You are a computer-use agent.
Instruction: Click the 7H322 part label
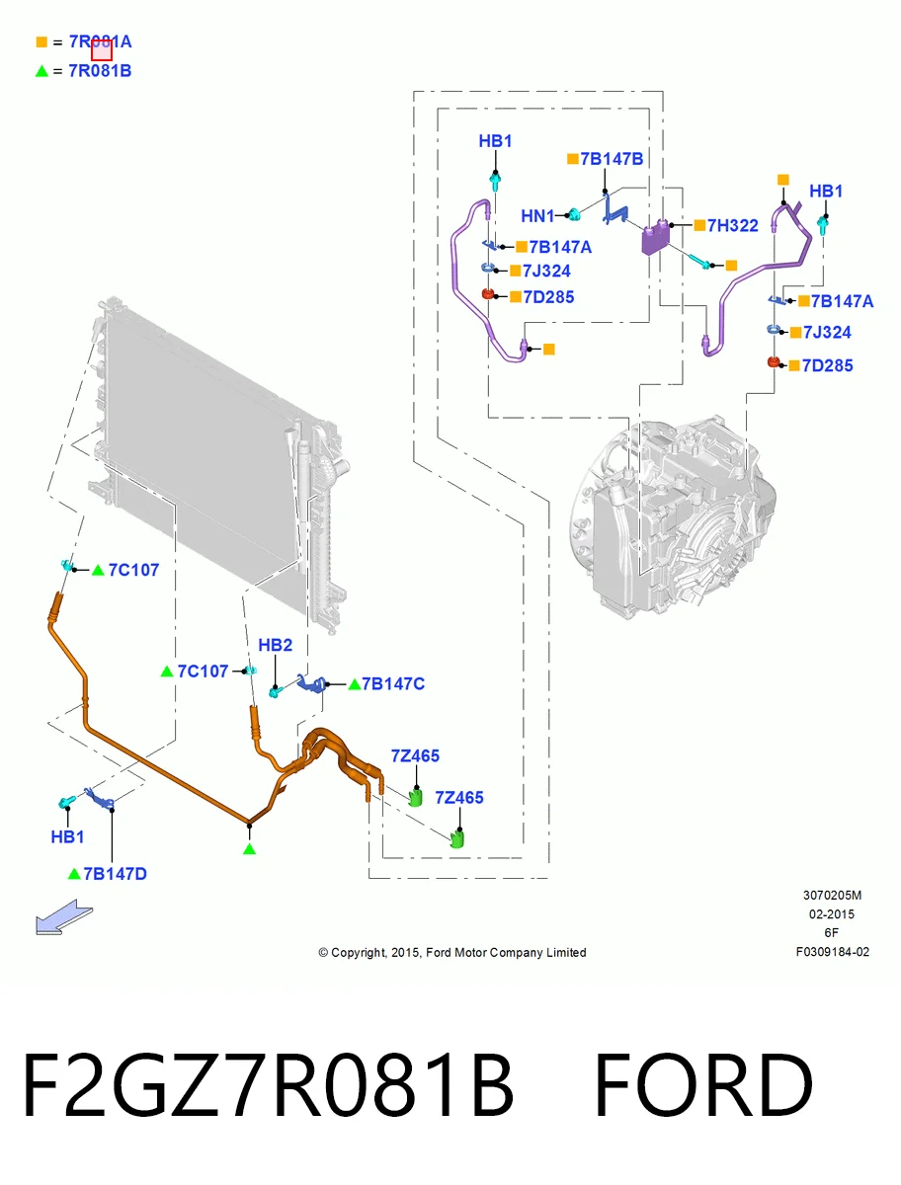[x=732, y=225]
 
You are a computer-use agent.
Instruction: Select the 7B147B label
[x=612, y=159]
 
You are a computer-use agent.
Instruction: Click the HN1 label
[x=537, y=216]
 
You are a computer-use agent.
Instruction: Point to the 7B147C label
[x=393, y=683]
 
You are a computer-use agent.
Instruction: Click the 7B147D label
[x=115, y=874]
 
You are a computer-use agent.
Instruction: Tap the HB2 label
[x=276, y=645]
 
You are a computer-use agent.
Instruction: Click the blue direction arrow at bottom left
[x=63, y=916]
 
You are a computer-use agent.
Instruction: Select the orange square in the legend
[x=41, y=41]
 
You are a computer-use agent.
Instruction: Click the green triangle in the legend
[x=41, y=71]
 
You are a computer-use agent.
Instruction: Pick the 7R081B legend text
[x=100, y=71]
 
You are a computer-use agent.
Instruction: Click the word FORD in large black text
[x=703, y=1085]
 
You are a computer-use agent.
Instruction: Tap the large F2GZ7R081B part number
[x=268, y=1085]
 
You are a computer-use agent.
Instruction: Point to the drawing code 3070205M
[x=832, y=895]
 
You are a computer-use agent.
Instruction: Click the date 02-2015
[x=832, y=914]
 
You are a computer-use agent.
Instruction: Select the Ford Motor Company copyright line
[x=452, y=952]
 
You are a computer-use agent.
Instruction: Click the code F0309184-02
[x=833, y=952]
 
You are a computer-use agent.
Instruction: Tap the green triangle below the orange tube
[x=249, y=849]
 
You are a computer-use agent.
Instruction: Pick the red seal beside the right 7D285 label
[x=774, y=362]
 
